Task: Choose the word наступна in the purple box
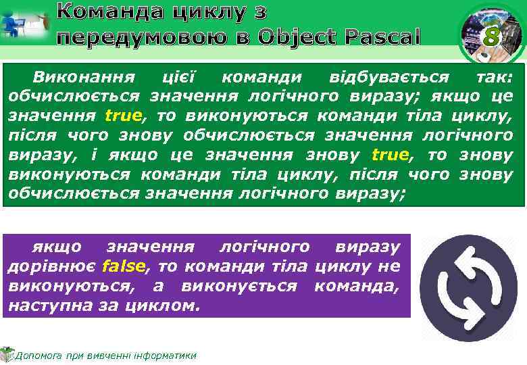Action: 40,306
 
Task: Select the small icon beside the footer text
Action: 7,354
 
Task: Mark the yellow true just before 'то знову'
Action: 391,154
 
